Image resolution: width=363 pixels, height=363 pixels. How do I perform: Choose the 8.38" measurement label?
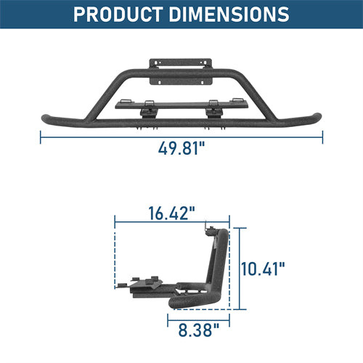(200, 332)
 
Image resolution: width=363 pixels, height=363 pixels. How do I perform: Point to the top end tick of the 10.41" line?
(240, 227)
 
